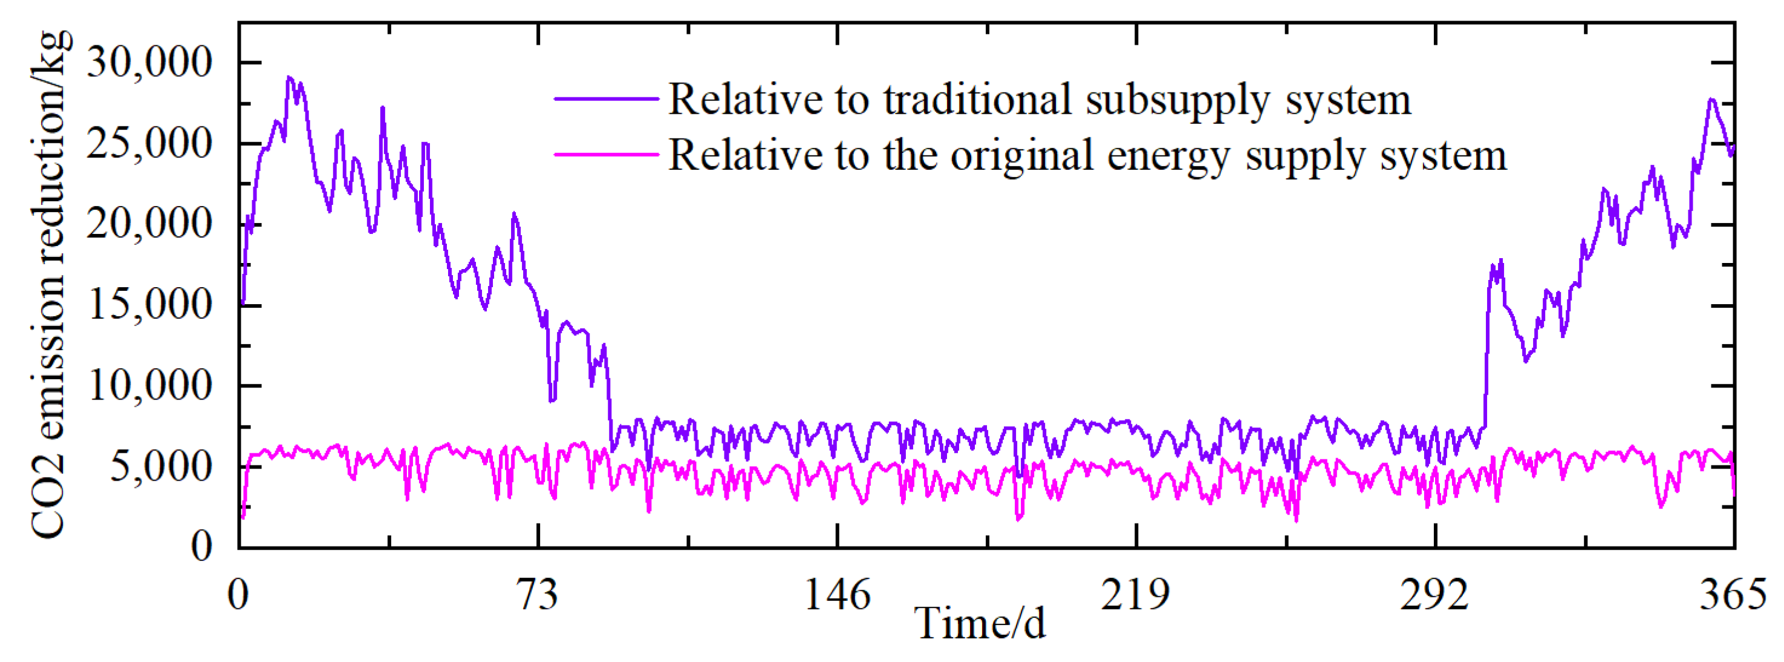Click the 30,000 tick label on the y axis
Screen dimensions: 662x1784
tap(149, 63)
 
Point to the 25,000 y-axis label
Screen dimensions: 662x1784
tap(149, 144)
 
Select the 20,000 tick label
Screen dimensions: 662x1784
tap(149, 224)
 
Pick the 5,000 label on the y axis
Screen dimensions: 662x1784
tap(161, 467)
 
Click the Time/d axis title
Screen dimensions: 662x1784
tap(980, 623)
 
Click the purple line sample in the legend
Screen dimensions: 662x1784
tap(606, 100)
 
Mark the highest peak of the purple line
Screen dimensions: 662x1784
tap(290, 77)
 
